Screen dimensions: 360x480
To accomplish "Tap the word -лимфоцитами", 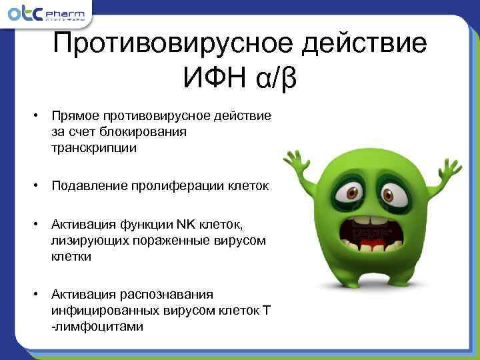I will (x=96, y=327).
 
